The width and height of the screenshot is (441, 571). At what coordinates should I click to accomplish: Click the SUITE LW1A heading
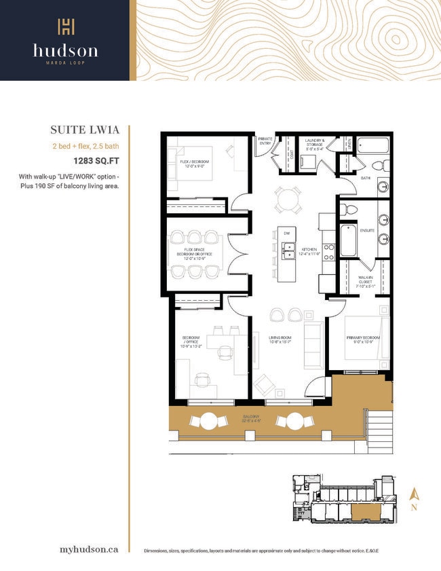(x=90, y=130)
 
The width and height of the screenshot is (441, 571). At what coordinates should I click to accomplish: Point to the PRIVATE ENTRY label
(x=265, y=141)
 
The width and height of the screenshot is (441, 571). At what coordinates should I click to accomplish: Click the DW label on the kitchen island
(x=287, y=234)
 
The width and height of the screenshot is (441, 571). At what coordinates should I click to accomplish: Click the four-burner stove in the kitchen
(x=328, y=253)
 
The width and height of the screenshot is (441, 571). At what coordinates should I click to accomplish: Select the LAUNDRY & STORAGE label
(x=313, y=144)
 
